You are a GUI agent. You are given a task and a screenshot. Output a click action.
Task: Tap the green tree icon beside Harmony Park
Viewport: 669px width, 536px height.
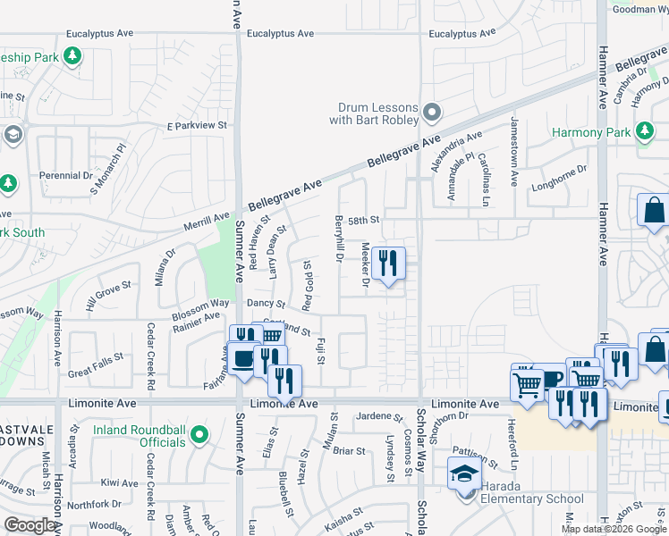(643, 132)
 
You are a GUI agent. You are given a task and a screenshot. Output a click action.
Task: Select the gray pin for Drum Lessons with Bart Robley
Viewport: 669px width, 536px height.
(432, 113)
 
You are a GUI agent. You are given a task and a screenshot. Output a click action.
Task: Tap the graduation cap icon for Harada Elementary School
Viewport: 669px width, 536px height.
(464, 473)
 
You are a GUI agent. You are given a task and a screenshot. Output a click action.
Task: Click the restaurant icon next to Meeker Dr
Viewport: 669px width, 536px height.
(387, 263)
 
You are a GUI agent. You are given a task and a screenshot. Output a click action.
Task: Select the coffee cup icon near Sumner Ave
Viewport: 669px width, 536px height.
(241, 359)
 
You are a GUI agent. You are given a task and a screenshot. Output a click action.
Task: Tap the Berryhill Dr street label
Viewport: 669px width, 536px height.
(339, 239)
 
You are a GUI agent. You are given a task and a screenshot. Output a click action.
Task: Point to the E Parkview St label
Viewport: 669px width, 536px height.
(198, 126)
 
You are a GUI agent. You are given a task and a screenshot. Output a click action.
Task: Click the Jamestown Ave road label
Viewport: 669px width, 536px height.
(513, 152)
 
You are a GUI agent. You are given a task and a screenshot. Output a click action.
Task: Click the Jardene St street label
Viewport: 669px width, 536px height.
(379, 416)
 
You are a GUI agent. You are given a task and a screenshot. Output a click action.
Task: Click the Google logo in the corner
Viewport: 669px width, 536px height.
(30, 524)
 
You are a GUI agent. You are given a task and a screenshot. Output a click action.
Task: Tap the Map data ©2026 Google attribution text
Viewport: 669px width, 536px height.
(614, 529)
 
